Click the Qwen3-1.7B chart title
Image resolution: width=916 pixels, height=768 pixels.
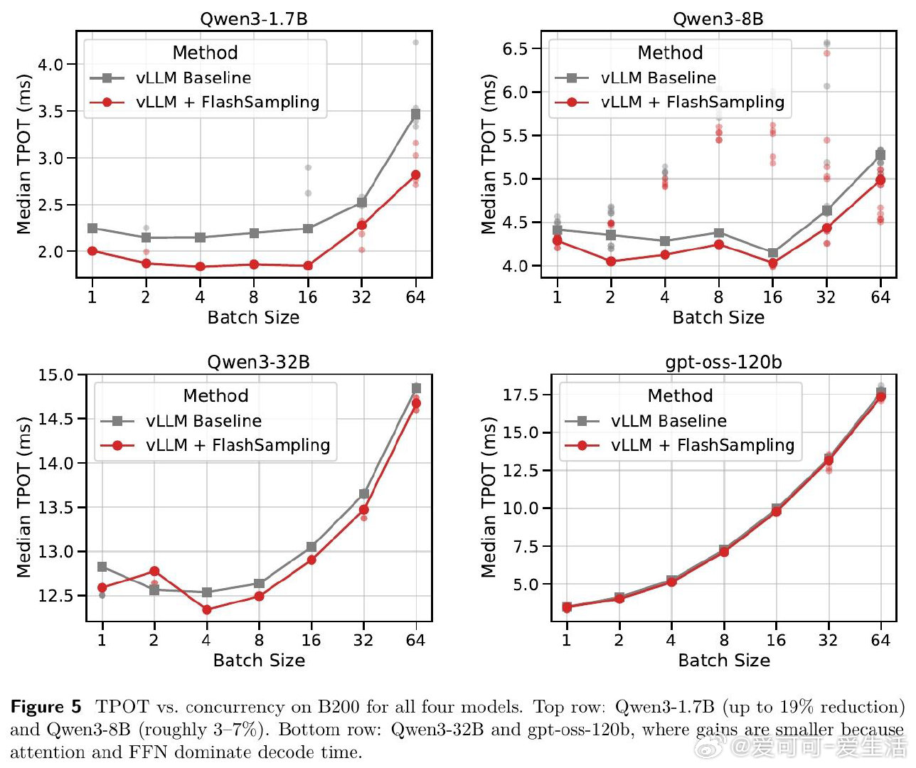coord(254,18)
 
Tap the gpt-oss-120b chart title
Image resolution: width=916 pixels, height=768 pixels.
coord(723,362)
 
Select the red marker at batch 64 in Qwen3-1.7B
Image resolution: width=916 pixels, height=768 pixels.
coord(415,175)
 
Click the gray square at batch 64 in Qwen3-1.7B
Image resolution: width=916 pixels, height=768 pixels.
coord(415,114)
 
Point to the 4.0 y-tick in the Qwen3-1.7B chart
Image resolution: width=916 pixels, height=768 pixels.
coord(50,64)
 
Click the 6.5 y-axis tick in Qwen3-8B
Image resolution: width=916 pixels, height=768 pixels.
coord(515,48)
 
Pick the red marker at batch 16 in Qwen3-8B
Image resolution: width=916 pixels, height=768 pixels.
coord(772,263)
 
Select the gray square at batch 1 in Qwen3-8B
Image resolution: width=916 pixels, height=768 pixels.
coord(557,230)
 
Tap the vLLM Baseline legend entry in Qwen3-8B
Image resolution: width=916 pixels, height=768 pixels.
coord(658,78)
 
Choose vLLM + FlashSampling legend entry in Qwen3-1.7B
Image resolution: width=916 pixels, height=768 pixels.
coord(228,102)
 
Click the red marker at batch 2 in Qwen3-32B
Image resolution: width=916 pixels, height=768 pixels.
coord(154,571)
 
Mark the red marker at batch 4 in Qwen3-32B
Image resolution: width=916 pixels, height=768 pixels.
coord(206,609)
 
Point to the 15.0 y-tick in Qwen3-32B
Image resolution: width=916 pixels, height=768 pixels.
coord(55,375)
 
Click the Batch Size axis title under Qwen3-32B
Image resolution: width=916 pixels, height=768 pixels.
coord(259,661)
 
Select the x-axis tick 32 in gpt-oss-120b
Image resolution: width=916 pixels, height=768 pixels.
coord(828,640)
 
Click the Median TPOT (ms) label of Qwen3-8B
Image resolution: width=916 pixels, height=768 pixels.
coord(489,154)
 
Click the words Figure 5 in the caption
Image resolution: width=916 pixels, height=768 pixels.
coord(46,707)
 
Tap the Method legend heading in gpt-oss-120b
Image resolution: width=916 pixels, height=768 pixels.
coord(680,395)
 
